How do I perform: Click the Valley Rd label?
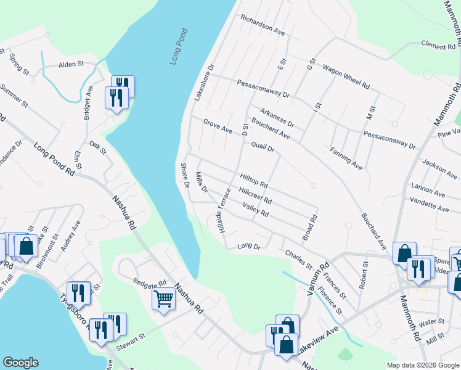(256, 210)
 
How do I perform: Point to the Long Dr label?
(250, 247)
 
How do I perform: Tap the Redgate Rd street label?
(150, 281)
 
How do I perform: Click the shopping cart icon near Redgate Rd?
(164, 299)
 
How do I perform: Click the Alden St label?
(71, 64)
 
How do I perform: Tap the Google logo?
(21, 363)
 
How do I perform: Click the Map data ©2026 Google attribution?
(423, 365)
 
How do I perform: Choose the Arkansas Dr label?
(277, 118)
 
